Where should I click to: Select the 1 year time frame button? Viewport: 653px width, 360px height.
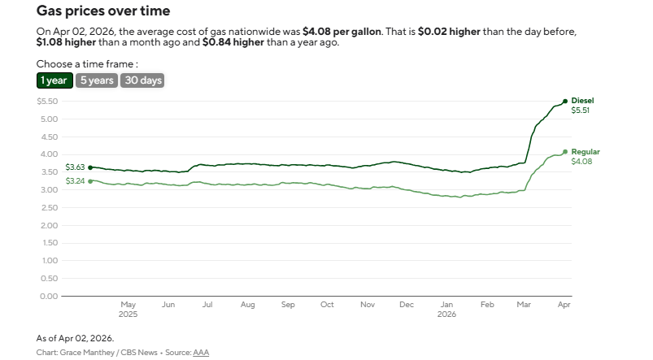tap(54, 80)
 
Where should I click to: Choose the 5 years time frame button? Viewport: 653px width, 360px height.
tap(96, 80)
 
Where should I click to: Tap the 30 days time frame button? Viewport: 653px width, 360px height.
tap(141, 80)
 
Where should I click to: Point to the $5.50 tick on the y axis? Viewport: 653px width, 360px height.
tap(47, 102)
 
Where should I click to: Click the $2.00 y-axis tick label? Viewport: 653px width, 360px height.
tap(47, 225)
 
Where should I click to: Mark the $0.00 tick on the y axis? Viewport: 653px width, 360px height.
tap(47, 296)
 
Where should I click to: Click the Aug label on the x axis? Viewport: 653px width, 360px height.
tap(247, 305)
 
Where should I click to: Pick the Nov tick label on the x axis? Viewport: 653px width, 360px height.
tap(367, 305)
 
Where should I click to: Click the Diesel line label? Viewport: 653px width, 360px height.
tap(583, 101)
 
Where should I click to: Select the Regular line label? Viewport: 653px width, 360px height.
tap(586, 152)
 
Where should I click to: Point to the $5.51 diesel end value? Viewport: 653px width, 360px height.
tap(581, 111)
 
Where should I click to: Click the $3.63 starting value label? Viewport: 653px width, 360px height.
tap(74, 167)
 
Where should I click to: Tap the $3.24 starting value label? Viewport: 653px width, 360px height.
tap(74, 180)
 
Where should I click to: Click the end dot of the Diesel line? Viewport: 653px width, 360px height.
tap(565, 102)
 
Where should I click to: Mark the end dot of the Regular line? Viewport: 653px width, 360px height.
tap(565, 152)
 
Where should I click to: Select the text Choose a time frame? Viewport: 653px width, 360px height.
tap(87, 63)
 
